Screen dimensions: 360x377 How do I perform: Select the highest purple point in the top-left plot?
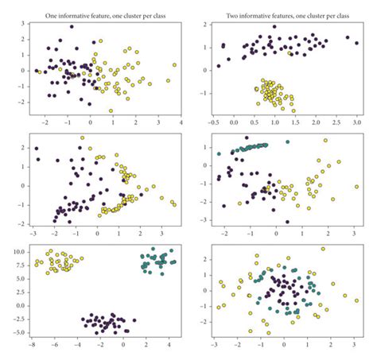[x=71, y=27]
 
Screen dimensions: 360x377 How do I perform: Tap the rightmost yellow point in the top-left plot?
[x=174, y=65]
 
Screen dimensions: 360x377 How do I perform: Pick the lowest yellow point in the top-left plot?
[x=111, y=110]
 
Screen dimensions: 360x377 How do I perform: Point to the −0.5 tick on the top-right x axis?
[x=213, y=123]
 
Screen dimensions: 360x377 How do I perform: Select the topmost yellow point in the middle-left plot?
[x=81, y=137]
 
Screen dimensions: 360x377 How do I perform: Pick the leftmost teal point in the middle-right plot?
[x=219, y=153]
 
